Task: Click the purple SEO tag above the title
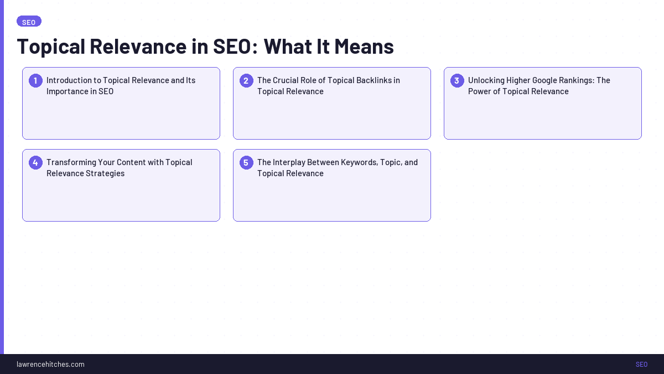click(29, 22)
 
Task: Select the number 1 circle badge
click(35, 81)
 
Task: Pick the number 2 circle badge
click(246, 81)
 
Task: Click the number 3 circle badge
click(457, 81)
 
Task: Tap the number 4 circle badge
click(35, 163)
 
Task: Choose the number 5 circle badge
click(246, 163)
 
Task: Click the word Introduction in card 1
click(69, 80)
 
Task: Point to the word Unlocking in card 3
click(486, 80)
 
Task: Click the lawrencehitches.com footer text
click(50, 364)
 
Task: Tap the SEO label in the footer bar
click(641, 364)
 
